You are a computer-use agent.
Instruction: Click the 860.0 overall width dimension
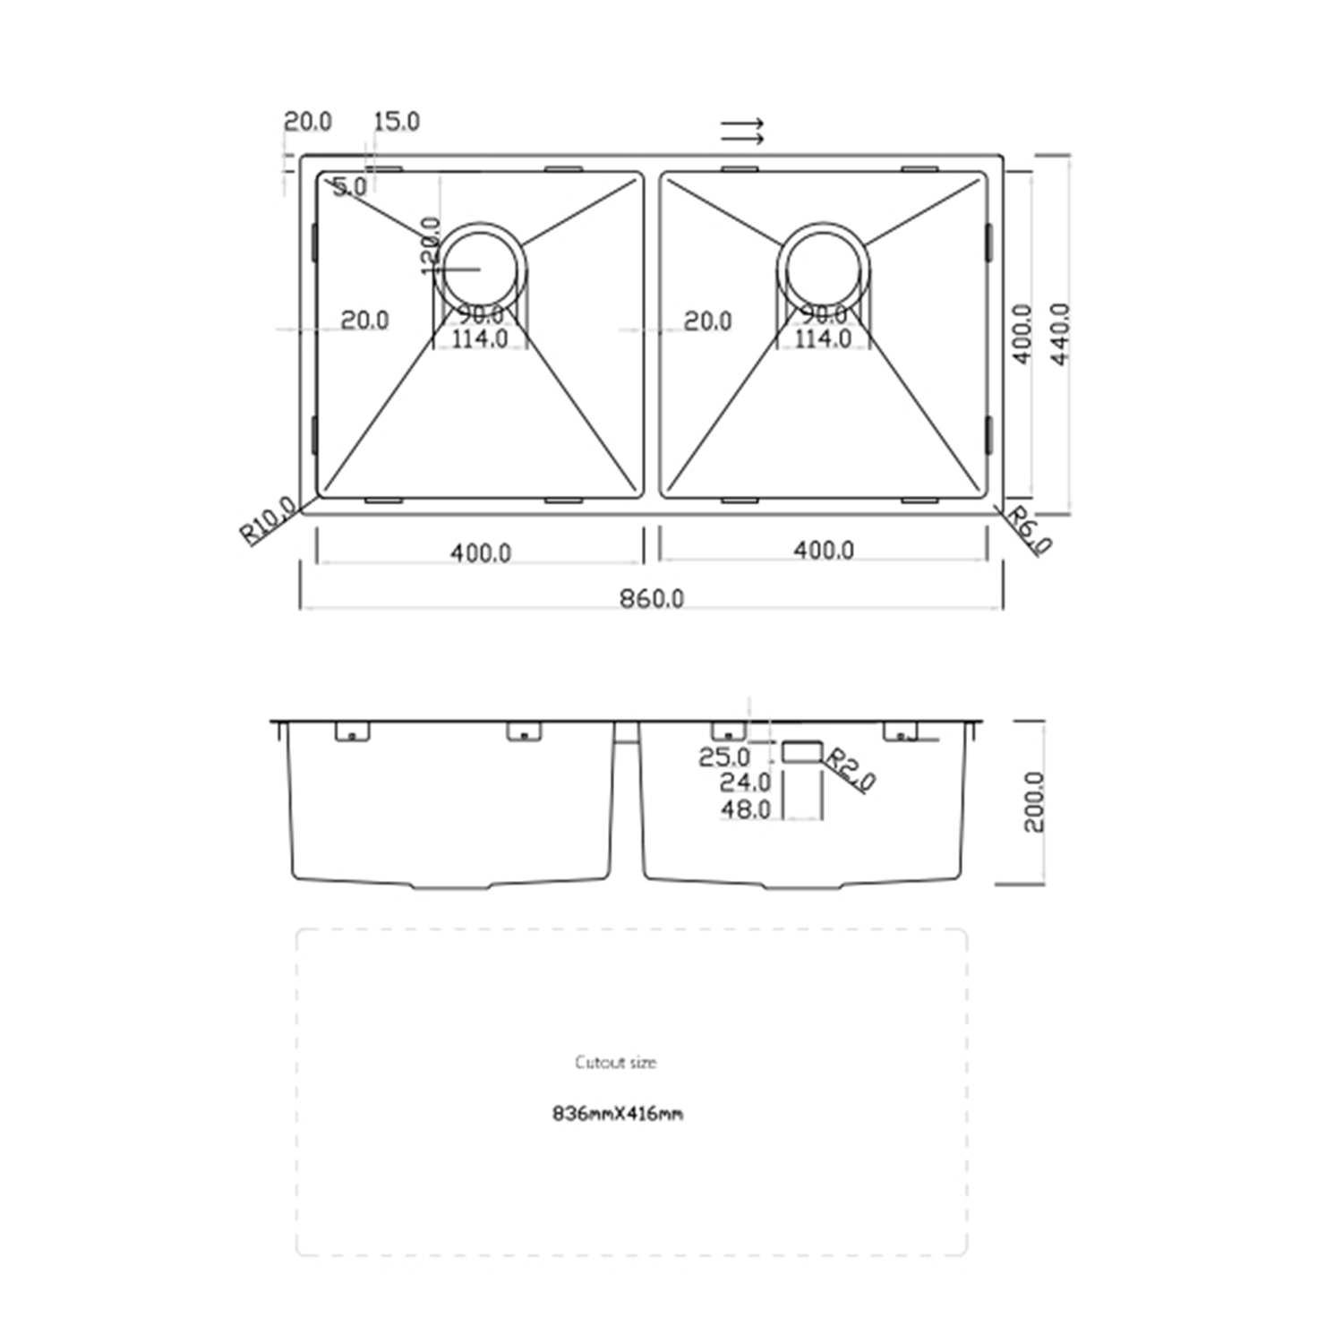click(651, 598)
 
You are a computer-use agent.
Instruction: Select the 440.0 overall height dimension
click(1060, 334)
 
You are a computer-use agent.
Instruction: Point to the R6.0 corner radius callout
click(1030, 529)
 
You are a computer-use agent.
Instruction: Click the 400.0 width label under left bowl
click(480, 552)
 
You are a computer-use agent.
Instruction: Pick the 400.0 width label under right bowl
click(823, 550)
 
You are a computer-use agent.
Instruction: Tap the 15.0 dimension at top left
click(396, 121)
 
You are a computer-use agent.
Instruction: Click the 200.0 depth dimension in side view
click(1033, 802)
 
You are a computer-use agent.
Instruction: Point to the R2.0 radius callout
click(849, 769)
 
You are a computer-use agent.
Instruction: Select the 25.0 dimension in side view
click(723, 757)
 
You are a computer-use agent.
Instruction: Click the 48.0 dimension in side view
click(745, 809)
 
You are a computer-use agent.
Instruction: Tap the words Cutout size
click(615, 1063)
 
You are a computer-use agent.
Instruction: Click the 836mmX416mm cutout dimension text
click(618, 1114)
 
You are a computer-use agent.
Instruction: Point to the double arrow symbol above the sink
click(743, 131)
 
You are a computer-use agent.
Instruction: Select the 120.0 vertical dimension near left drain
click(430, 245)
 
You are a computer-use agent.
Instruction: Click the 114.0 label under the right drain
click(823, 339)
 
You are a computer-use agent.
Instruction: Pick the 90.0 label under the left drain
click(481, 315)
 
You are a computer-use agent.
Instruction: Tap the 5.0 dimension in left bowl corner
click(349, 187)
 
